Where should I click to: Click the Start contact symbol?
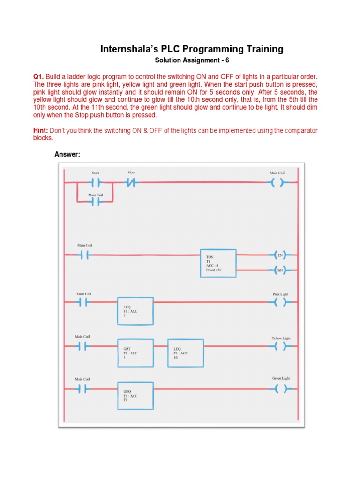click(x=96, y=183)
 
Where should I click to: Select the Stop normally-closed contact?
click(x=131, y=183)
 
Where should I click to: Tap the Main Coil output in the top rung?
click(x=277, y=183)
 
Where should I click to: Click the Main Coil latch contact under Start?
click(x=96, y=202)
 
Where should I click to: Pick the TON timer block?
click(x=218, y=263)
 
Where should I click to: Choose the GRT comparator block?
click(x=135, y=353)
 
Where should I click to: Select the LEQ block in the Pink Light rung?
click(x=135, y=311)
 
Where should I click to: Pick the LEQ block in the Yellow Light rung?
click(x=186, y=353)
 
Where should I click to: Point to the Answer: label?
click(x=67, y=154)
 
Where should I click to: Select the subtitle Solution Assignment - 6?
click(x=192, y=61)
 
